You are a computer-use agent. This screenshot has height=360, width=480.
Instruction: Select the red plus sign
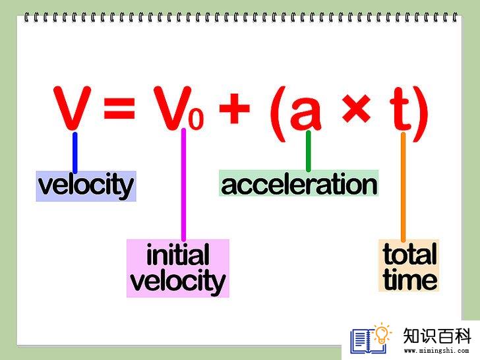point(235,108)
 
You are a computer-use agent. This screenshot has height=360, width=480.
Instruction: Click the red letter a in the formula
point(306,111)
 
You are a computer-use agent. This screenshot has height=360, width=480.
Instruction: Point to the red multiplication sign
point(356,108)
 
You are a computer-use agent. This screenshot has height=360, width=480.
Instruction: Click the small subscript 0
point(196,119)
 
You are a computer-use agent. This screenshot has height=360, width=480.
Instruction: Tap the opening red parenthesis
point(278,114)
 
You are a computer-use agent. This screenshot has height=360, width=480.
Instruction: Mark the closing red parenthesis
point(420,114)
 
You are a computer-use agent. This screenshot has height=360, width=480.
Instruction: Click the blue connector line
point(75,152)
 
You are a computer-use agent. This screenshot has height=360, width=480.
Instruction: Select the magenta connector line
point(184,185)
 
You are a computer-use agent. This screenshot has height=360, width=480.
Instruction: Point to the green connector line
point(309,151)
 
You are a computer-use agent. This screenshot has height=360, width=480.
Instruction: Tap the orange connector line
point(403,187)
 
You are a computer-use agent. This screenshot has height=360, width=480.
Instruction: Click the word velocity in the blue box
point(86,186)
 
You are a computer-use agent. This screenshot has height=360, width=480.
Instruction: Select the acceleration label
point(299,184)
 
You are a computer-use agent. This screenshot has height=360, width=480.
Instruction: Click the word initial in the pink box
point(178,255)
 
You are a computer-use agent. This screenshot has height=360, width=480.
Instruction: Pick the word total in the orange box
point(409,254)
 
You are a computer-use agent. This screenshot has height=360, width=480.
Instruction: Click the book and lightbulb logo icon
point(371,338)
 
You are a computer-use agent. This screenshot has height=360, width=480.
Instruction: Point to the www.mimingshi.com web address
point(436,350)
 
